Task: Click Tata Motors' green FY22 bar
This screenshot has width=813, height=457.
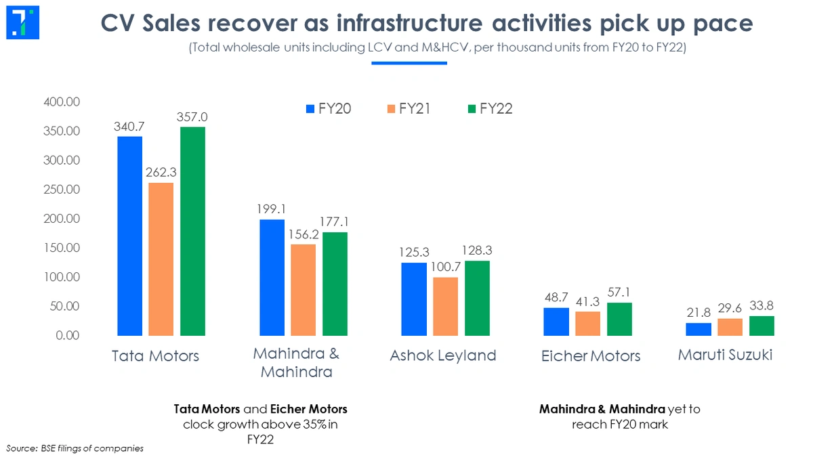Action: [x=192, y=231]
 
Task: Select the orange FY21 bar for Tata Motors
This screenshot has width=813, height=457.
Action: [x=161, y=259]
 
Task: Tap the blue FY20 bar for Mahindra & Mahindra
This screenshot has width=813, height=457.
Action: [x=272, y=278]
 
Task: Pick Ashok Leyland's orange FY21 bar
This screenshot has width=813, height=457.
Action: [x=444, y=306]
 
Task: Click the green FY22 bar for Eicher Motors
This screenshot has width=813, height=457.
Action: [x=619, y=319]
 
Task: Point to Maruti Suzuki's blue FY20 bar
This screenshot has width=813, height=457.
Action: [x=699, y=329]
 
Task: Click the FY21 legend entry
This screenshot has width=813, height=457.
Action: [x=408, y=109]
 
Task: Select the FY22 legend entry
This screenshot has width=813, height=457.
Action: [x=488, y=109]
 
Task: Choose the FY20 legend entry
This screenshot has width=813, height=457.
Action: [x=328, y=109]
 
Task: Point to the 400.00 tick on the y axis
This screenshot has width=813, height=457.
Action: [x=62, y=102]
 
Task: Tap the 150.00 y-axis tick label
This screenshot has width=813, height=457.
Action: [x=62, y=248]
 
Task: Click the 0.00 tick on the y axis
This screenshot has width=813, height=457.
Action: [x=67, y=336]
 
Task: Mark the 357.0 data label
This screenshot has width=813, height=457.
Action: [x=193, y=117]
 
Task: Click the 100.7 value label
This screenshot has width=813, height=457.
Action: [x=444, y=267]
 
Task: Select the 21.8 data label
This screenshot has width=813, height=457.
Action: [x=699, y=313]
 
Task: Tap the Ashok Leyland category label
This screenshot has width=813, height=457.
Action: [x=443, y=355]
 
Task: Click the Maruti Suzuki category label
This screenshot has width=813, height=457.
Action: [x=725, y=355]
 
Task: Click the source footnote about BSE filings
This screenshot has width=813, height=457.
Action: [x=75, y=448]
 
